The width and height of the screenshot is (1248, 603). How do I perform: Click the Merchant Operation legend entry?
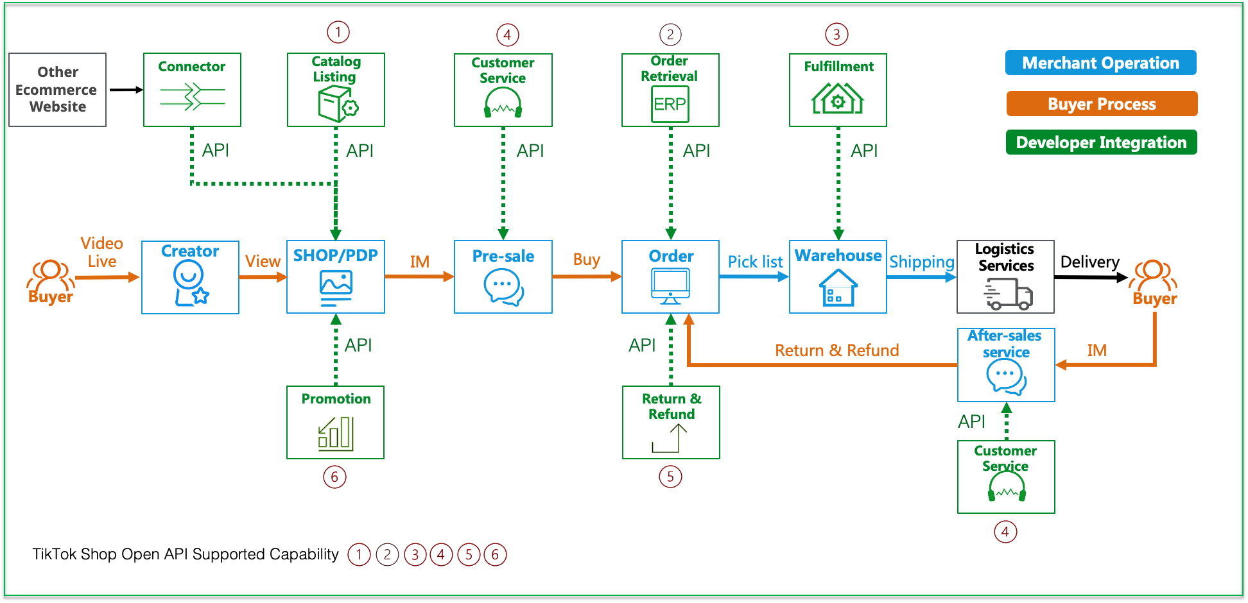click(x=1100, y=63)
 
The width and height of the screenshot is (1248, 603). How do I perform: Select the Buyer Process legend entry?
click(x=1102, y=104)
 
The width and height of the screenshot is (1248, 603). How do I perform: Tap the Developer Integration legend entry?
click(x=1101, y=142)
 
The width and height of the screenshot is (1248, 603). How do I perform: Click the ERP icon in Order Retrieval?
click(x=670, y=104)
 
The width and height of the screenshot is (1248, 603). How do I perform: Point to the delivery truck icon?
click(x=1008, y=294)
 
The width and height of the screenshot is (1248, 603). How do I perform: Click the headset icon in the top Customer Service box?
click(x=503, y=103)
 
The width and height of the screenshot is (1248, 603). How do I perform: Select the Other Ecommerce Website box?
click(x=58, y=90)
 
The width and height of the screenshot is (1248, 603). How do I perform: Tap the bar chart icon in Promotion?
click(x=336, y=433)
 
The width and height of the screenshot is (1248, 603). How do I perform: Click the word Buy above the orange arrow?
click(x=586, y=260)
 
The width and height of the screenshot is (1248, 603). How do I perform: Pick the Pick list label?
click(x=755, y=262)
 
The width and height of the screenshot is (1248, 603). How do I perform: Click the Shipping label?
click(x=921, y=262)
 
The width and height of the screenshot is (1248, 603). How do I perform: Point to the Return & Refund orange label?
click(x=836, y=350)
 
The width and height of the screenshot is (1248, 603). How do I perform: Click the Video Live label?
click(x=101, y=252)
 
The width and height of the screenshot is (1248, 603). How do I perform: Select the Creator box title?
click(x=190, y=251)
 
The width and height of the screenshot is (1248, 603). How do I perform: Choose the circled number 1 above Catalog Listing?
click(x=338, y=31)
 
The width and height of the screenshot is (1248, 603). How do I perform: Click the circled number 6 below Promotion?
click(x=334, y=477)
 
